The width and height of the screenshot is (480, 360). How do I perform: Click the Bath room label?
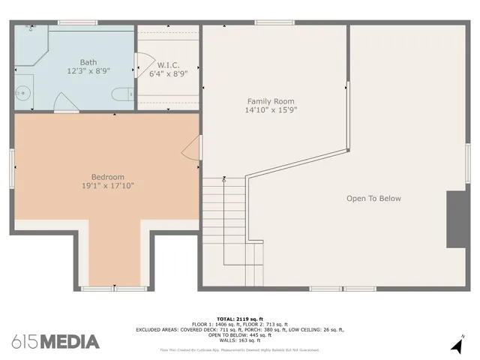tap(89, 61)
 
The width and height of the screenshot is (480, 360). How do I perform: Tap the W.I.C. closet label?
tap(167, 64)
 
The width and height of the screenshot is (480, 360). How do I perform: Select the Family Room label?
tap(271, 101)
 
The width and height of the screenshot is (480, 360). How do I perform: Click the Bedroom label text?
tap(108, 177)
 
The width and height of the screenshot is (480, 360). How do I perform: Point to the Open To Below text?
tap(373, 199)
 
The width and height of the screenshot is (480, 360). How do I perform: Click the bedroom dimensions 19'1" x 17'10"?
tap(108, 186)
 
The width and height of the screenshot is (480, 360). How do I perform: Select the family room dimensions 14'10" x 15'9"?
tap(271, 110)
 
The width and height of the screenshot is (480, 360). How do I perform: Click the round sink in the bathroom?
tap(22, 94)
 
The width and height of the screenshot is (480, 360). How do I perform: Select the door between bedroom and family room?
tap(193, 148)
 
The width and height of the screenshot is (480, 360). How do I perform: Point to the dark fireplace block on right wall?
tap(456, 219)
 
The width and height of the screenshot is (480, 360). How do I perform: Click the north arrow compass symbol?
tap(457, 346)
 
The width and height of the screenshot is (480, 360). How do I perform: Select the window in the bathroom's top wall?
tap(77, 22)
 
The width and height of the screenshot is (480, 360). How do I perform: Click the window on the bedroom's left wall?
tap(11, 168)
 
